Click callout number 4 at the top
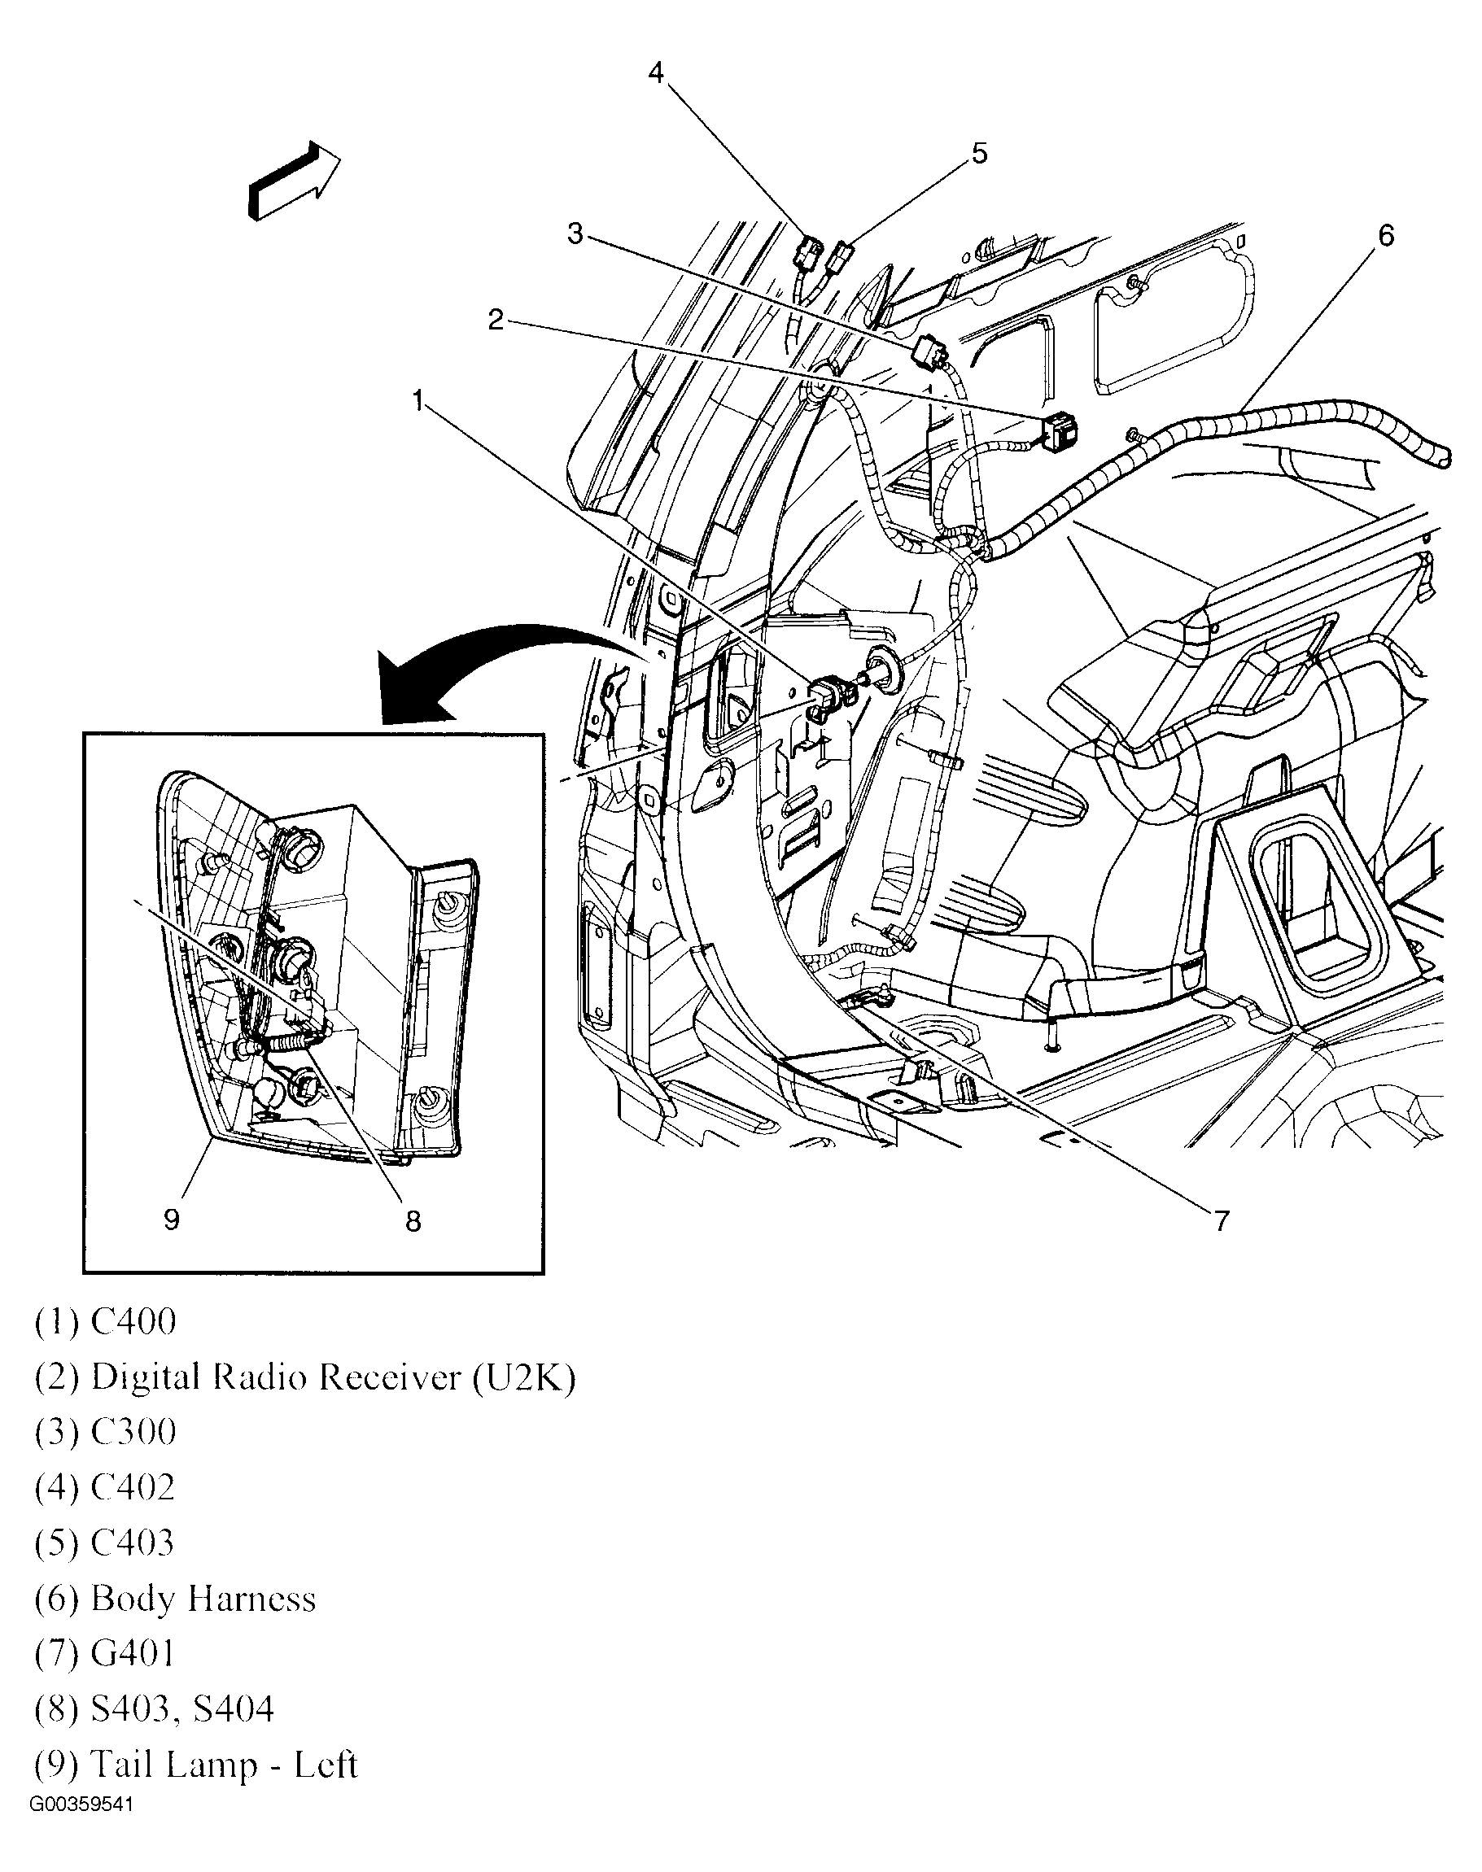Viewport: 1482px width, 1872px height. click(x=656, y=73)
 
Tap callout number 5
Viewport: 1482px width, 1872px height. click(x=979, y=154)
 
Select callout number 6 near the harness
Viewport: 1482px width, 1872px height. click(x=1386, y=235)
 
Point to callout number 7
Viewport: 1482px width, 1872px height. click(x=1221, y=1221)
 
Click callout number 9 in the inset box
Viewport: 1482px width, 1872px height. click(x=171, y=1220)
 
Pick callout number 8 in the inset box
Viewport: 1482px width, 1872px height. click(x=413, y=1221)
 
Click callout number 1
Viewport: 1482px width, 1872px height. click(x=418, y=401)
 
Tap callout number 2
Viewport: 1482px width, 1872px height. click(x=496, y=320)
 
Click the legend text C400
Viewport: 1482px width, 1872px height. click(x=133, y=1322)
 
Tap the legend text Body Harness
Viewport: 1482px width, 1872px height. click(x=203, y=1599)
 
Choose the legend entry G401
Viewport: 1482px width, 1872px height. click(x=133, y=1654)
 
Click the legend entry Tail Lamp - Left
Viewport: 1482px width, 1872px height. click(x=224, y=1765)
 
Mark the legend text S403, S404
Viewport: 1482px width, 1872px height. click(x=182, y=1710)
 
